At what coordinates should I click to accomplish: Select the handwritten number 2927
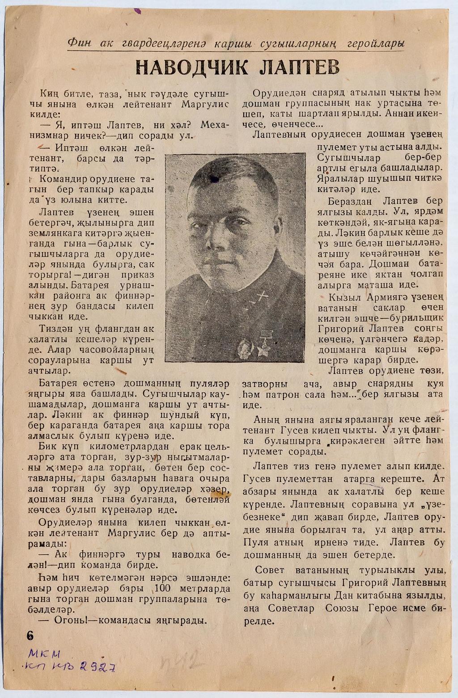pyautogui.click(x=98, y=668)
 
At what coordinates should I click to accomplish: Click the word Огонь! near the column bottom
pyautogui.click(x=73, y=620)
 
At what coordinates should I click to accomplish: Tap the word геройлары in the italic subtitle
pyautogui.click(x=378, y=43)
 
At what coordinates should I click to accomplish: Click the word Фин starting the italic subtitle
pyautogui.click(x=79, y=43)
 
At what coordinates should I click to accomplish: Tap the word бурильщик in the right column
pyautogui.click(x=422, y=318)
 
